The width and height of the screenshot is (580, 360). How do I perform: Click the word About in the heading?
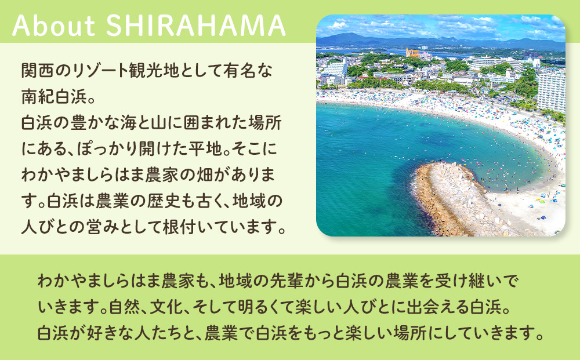click(x=54, y=26)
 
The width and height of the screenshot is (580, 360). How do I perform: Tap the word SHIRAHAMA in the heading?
click(x=196, y=26)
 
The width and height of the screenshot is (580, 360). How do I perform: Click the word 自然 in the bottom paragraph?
click(x=125, y=307)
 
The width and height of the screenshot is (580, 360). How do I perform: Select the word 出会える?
click(x=438, y=307)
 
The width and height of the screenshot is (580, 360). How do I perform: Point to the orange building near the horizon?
click(x=412, y=53)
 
